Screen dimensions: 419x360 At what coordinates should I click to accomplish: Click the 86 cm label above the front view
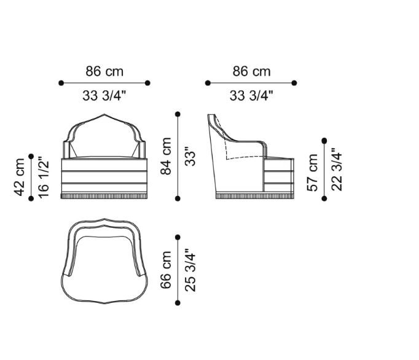[104, 71]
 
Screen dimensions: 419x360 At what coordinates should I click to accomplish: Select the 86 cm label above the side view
[251, 71]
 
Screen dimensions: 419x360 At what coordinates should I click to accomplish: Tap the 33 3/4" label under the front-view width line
[104, 95]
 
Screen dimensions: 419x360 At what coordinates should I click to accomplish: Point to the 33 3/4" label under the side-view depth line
[251, 95]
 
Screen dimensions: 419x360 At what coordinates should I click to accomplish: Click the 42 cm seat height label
[20, 177]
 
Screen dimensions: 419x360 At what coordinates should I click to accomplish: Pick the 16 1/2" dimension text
[44, 177]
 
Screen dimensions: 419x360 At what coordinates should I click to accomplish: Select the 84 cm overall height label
[166, 156]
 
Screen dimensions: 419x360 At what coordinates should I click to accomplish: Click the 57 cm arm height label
[312, 173]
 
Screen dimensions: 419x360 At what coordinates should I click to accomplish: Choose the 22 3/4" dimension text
[337, 169]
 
